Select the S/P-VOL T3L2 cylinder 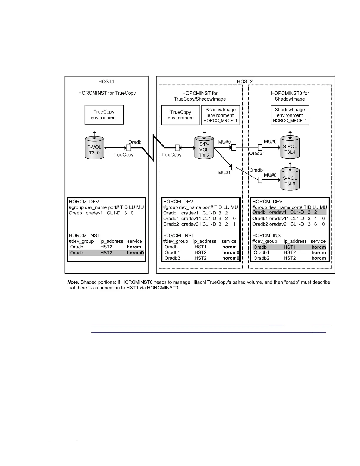click(204, 148)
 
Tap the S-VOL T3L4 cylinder click(290, 148)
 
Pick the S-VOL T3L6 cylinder click(290, 180)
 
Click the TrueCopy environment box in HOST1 click(104, 115)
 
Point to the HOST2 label click(245, 81)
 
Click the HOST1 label click(106, 81)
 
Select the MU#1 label click(224, 173)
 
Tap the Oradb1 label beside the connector click(257, 153)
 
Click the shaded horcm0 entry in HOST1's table click(135, 253)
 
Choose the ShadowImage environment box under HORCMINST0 click(290, 115)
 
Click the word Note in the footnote click(73, 282)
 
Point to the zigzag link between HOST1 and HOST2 click(153, 147)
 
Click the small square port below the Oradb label click(130, 148)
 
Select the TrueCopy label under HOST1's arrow click(123, 155)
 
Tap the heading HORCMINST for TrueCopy click(107, 93)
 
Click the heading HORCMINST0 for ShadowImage click(290, 96)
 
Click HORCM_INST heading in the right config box click(268, 236)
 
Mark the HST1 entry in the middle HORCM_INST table click(200, 247)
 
